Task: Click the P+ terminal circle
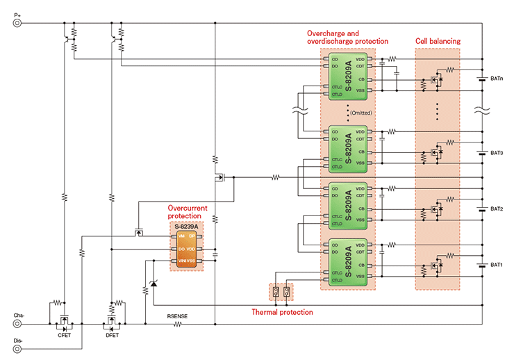coord(17,23)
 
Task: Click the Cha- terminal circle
coord(17,324)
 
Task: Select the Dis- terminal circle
coord(17,347)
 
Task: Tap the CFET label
coord(65,335)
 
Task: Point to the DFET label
coord(111,335)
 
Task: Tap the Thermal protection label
coord(282,312)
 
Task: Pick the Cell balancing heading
coord(438,41)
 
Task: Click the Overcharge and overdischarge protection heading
coord(347,37)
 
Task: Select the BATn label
coord(497,79)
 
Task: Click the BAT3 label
coord(497,152)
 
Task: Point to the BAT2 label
coord(497,208)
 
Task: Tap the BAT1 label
coord(497,265)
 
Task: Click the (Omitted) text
coord(361,113)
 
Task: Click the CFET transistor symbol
coord(64,320)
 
